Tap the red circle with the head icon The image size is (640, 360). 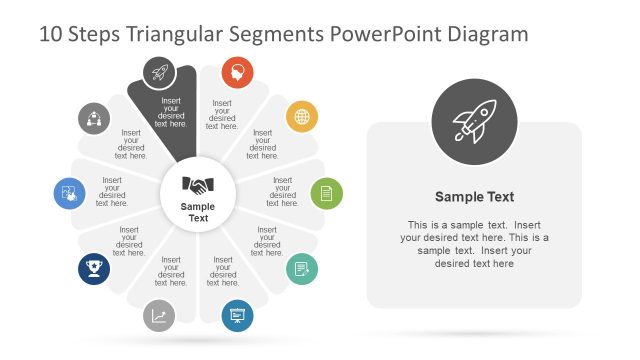237,72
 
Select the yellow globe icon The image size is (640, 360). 302,116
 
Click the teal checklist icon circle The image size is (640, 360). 302,270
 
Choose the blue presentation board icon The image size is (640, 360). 237,316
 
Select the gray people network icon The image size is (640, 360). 94,117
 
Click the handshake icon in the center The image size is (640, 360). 198,185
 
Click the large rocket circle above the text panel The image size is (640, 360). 474,123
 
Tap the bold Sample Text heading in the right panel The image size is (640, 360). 474,197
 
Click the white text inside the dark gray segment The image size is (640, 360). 171,112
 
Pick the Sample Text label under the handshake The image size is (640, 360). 198,212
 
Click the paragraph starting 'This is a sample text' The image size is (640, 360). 474,244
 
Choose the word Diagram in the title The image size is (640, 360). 487,35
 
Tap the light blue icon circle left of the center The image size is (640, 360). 69,193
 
